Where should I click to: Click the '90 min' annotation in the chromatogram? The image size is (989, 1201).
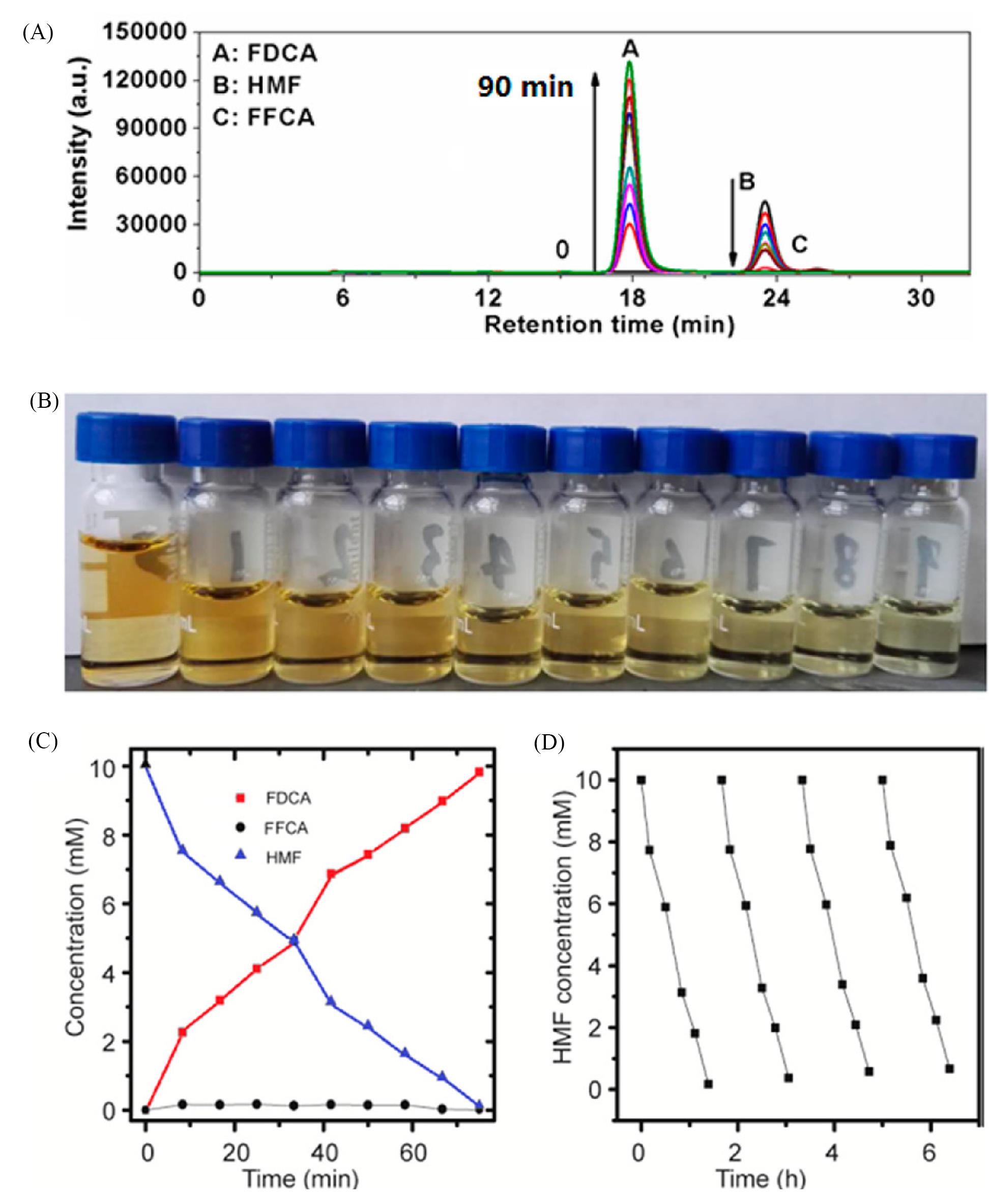[x=525, y=87]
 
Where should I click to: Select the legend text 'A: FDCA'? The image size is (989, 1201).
[x=265, y=53]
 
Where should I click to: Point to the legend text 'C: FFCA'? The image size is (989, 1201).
[x=263, y=118]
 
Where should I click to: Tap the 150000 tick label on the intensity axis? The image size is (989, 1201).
[x=144, y=32]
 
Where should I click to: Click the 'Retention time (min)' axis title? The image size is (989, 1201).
[x=609, y=325]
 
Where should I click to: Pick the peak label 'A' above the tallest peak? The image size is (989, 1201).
[x=630, y=49]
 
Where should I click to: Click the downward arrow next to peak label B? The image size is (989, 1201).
[x=733, y=222]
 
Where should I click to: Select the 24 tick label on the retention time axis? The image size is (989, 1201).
[x=776, y=298]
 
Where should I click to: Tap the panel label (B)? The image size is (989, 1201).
[x=44, y=402]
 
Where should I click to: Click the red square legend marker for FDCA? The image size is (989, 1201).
[x=241, y=798]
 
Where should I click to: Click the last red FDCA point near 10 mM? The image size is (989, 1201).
[x=479, y=772]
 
